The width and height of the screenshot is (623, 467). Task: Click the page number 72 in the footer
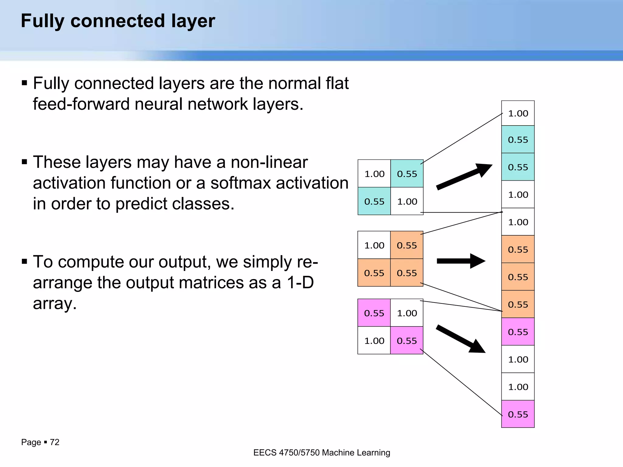coord(55,442)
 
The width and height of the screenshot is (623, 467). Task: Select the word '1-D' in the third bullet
coord(300,282)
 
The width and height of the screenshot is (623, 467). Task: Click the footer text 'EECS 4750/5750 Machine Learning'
coord(322,453)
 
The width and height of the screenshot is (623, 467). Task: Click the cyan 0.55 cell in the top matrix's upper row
coord(407,174)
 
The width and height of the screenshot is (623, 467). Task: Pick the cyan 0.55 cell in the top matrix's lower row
coord(374,201)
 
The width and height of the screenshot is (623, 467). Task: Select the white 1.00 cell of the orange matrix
coord(374,245)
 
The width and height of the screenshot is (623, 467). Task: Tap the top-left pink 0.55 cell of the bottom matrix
coord(374,313)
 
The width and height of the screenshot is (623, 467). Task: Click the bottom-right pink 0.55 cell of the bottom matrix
coord(407,341)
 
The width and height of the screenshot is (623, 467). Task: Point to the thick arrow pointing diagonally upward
coord(464,177)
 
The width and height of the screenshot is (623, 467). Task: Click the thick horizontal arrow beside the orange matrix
coord(461,261)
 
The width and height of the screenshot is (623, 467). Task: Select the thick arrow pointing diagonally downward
coord(461,339)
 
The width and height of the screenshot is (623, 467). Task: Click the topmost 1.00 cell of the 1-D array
coord(518,113)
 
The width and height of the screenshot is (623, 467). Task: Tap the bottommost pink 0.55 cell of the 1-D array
coord(518,414)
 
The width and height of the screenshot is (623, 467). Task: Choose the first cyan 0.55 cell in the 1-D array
coord(518,140)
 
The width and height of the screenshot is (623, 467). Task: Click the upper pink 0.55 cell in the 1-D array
coord(518,332)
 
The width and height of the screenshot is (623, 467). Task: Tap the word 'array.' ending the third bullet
coord(55,303)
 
